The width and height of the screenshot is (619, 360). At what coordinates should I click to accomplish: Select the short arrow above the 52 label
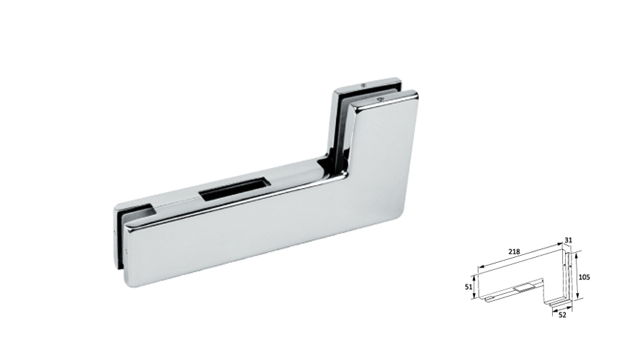pos(561,307)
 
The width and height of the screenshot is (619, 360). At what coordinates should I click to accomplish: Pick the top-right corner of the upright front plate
pos(414,94)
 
